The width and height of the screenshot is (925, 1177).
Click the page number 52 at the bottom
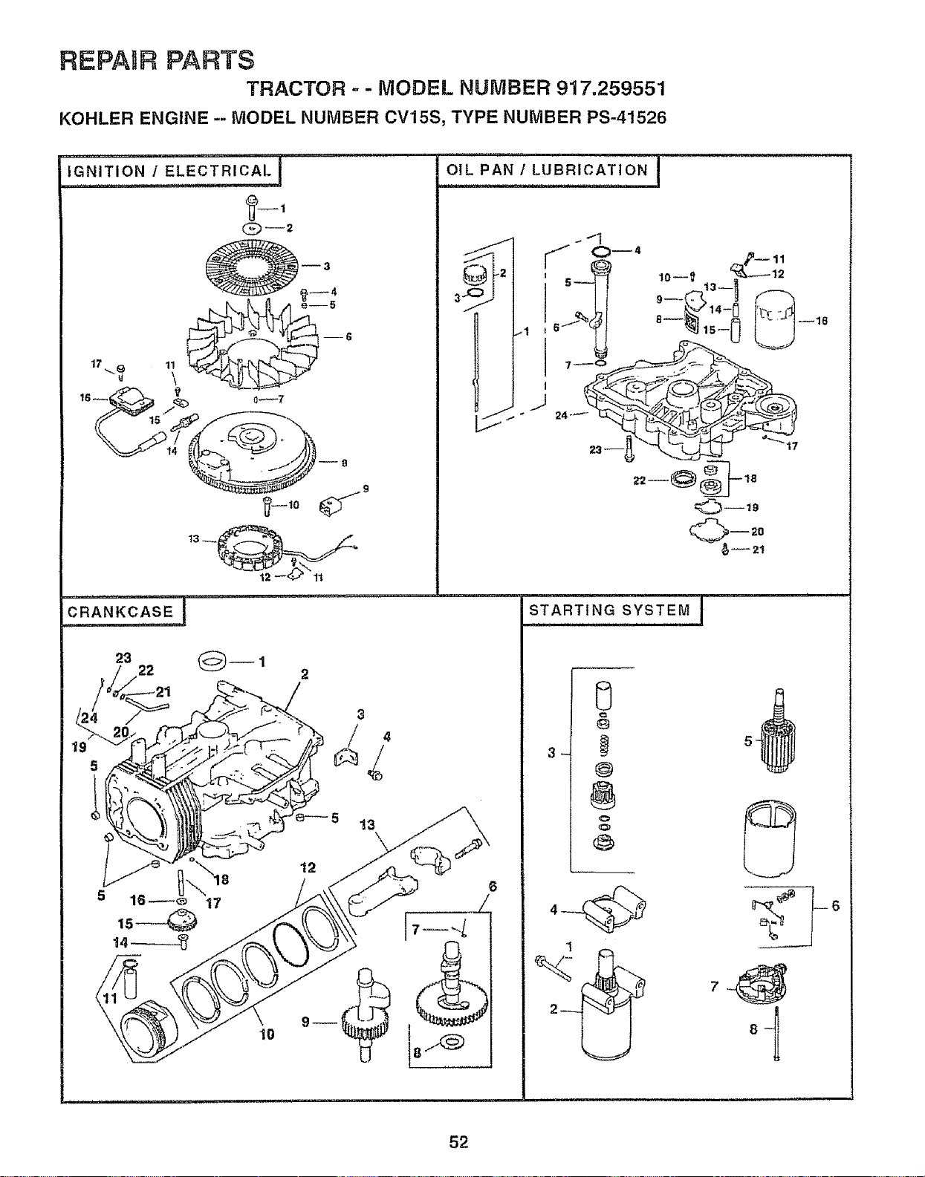(458, 1142)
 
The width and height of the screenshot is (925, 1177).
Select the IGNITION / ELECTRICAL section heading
(169, 171)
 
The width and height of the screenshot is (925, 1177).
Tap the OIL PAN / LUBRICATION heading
(547, 171)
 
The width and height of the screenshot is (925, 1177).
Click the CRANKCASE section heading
(120, 611)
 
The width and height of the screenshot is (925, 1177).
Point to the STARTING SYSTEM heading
(610, 610)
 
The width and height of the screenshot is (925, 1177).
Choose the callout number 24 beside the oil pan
(562, 415)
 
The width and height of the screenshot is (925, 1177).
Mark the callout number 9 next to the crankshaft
(305, 1022)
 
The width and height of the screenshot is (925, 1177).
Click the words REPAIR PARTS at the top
(157, 59)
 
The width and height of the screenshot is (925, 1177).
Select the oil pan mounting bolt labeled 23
(629, 449)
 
